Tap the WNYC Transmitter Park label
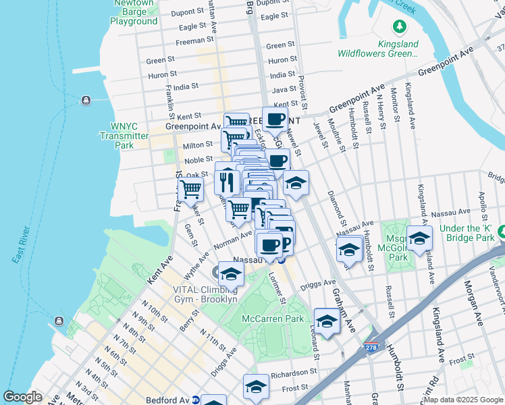[x=124, y=136]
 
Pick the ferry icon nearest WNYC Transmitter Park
[x=86, y=101]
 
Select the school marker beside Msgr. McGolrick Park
[x=419, y=240]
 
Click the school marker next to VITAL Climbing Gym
[x=231, y=273]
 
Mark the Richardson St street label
[x=294, y=373]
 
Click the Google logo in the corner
[x=22, y=397]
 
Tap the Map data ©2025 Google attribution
[x=464, y=400]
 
